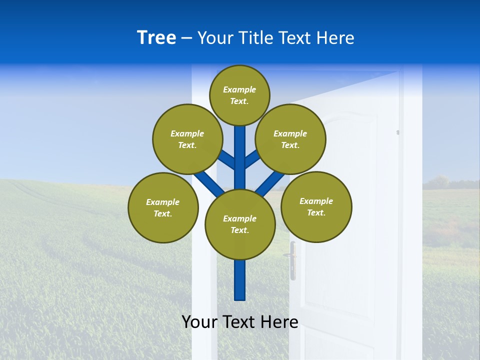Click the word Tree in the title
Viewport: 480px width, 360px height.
pos(156,38)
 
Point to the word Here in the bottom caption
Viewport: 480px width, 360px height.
pos(278,322)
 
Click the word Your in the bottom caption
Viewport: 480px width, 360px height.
pos(199,322)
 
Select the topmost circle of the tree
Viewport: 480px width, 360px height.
pos(239,95)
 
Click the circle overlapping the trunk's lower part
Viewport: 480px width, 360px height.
pos(240,224)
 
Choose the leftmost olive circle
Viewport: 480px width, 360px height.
pos(163,207)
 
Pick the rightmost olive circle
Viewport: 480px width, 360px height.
pos(316,206)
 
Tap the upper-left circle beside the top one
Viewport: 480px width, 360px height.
pos(187,139)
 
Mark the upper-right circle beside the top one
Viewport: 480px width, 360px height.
pos(290,139)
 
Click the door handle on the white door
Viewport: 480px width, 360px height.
pos(292,260)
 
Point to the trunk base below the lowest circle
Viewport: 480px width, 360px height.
pos(240,282)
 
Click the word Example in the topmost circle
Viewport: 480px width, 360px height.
pos(239,89)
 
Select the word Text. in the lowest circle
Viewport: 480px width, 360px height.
pos(239,230)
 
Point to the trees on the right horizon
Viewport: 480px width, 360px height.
pos(440,182)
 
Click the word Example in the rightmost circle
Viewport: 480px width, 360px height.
pos(316,201)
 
